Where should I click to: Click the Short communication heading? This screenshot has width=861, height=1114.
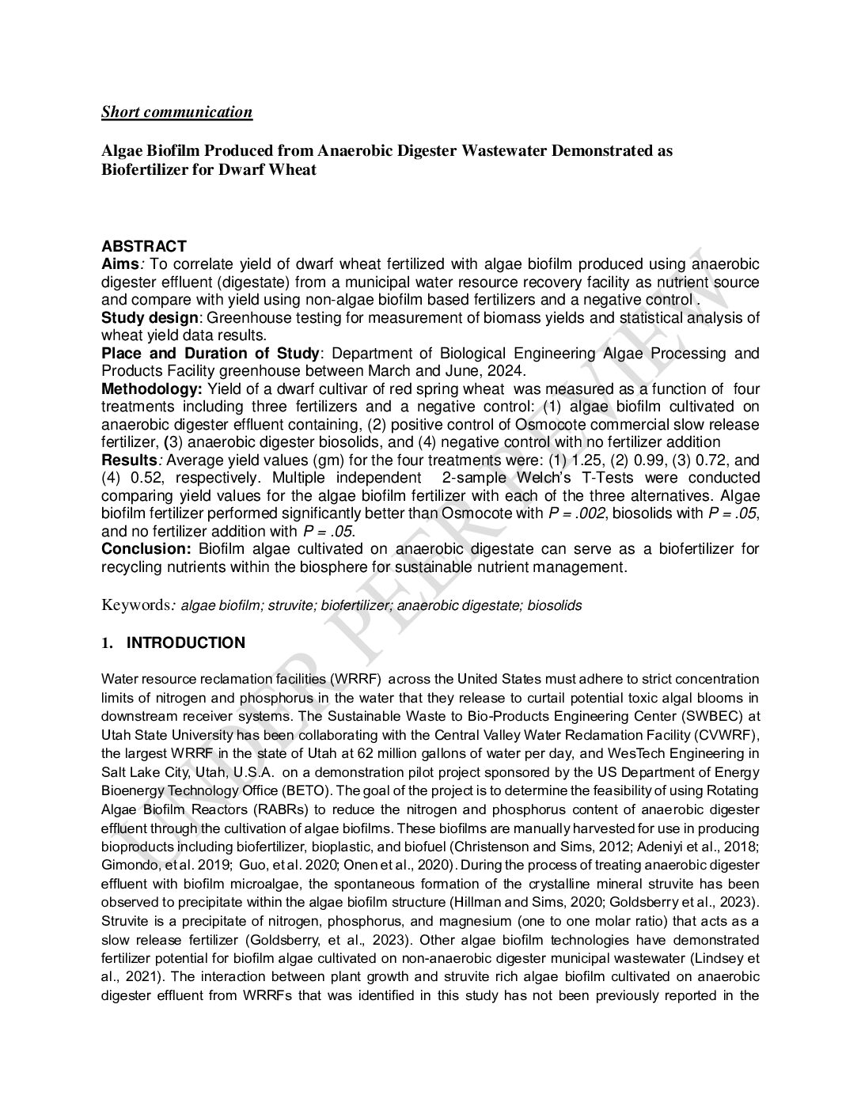pyautogui.click(x=176, y=112)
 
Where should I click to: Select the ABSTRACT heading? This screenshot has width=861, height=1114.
pyautogui.click(x=143, y=246)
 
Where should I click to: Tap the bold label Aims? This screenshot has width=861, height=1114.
pyautogui.click(x=117, y=264)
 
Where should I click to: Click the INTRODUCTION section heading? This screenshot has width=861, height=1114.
pyautogui.click(x=185, y=642)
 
